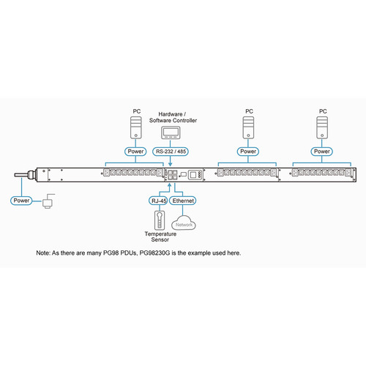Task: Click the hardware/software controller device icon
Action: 171,133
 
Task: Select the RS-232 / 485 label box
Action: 171,152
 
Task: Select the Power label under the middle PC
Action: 249,152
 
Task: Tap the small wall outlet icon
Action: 48,200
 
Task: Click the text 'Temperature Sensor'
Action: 160,238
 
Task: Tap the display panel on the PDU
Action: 195,175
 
